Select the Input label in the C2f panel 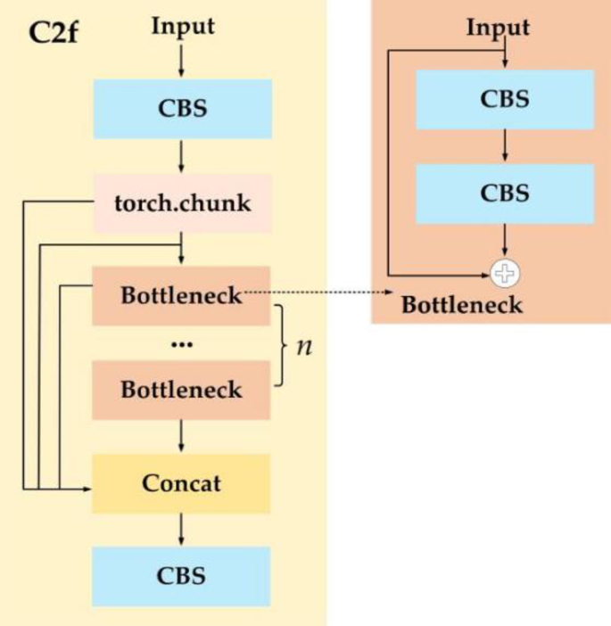click(182, 26)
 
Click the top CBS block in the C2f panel click(182, 108)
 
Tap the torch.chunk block click(182, 202)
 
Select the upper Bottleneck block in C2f click(182, 295)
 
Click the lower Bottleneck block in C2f click(182, 389)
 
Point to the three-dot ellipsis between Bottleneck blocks click(182, 343)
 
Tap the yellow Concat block click(182, 483)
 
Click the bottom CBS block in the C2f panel click(182, 576)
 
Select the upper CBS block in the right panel click(505, 99)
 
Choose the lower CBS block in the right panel click(505, 193)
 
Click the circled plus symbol click(506, 274)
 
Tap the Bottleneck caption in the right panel click(461, 304)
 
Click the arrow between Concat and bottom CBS click(182, 530)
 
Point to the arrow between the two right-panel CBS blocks click(506, 146)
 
